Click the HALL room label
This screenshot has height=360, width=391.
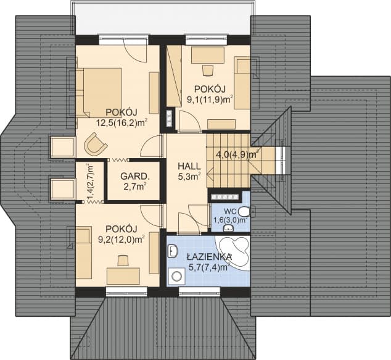coord(189,166)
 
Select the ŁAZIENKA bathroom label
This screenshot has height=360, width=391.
coord(209,257)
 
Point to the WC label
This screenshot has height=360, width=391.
coord(229,211)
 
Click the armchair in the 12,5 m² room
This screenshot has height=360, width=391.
coord(95,143)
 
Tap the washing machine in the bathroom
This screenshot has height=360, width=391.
coord(177,277)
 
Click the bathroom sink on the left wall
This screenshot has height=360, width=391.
coord(172,251)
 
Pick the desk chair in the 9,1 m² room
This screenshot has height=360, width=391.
coord(208,70)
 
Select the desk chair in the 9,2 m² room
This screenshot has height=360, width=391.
coord(123,261)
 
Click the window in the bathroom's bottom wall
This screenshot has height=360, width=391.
coord(199,291)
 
